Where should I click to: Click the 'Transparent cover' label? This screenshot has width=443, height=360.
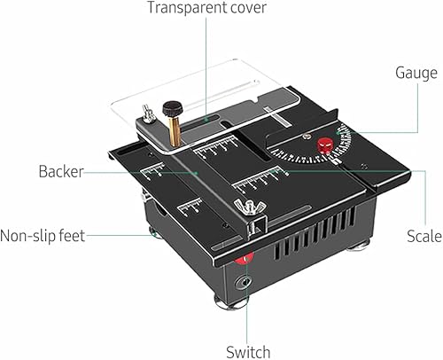click(x=206, y=10)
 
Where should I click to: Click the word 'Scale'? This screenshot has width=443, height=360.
click(x=424, y=236)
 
